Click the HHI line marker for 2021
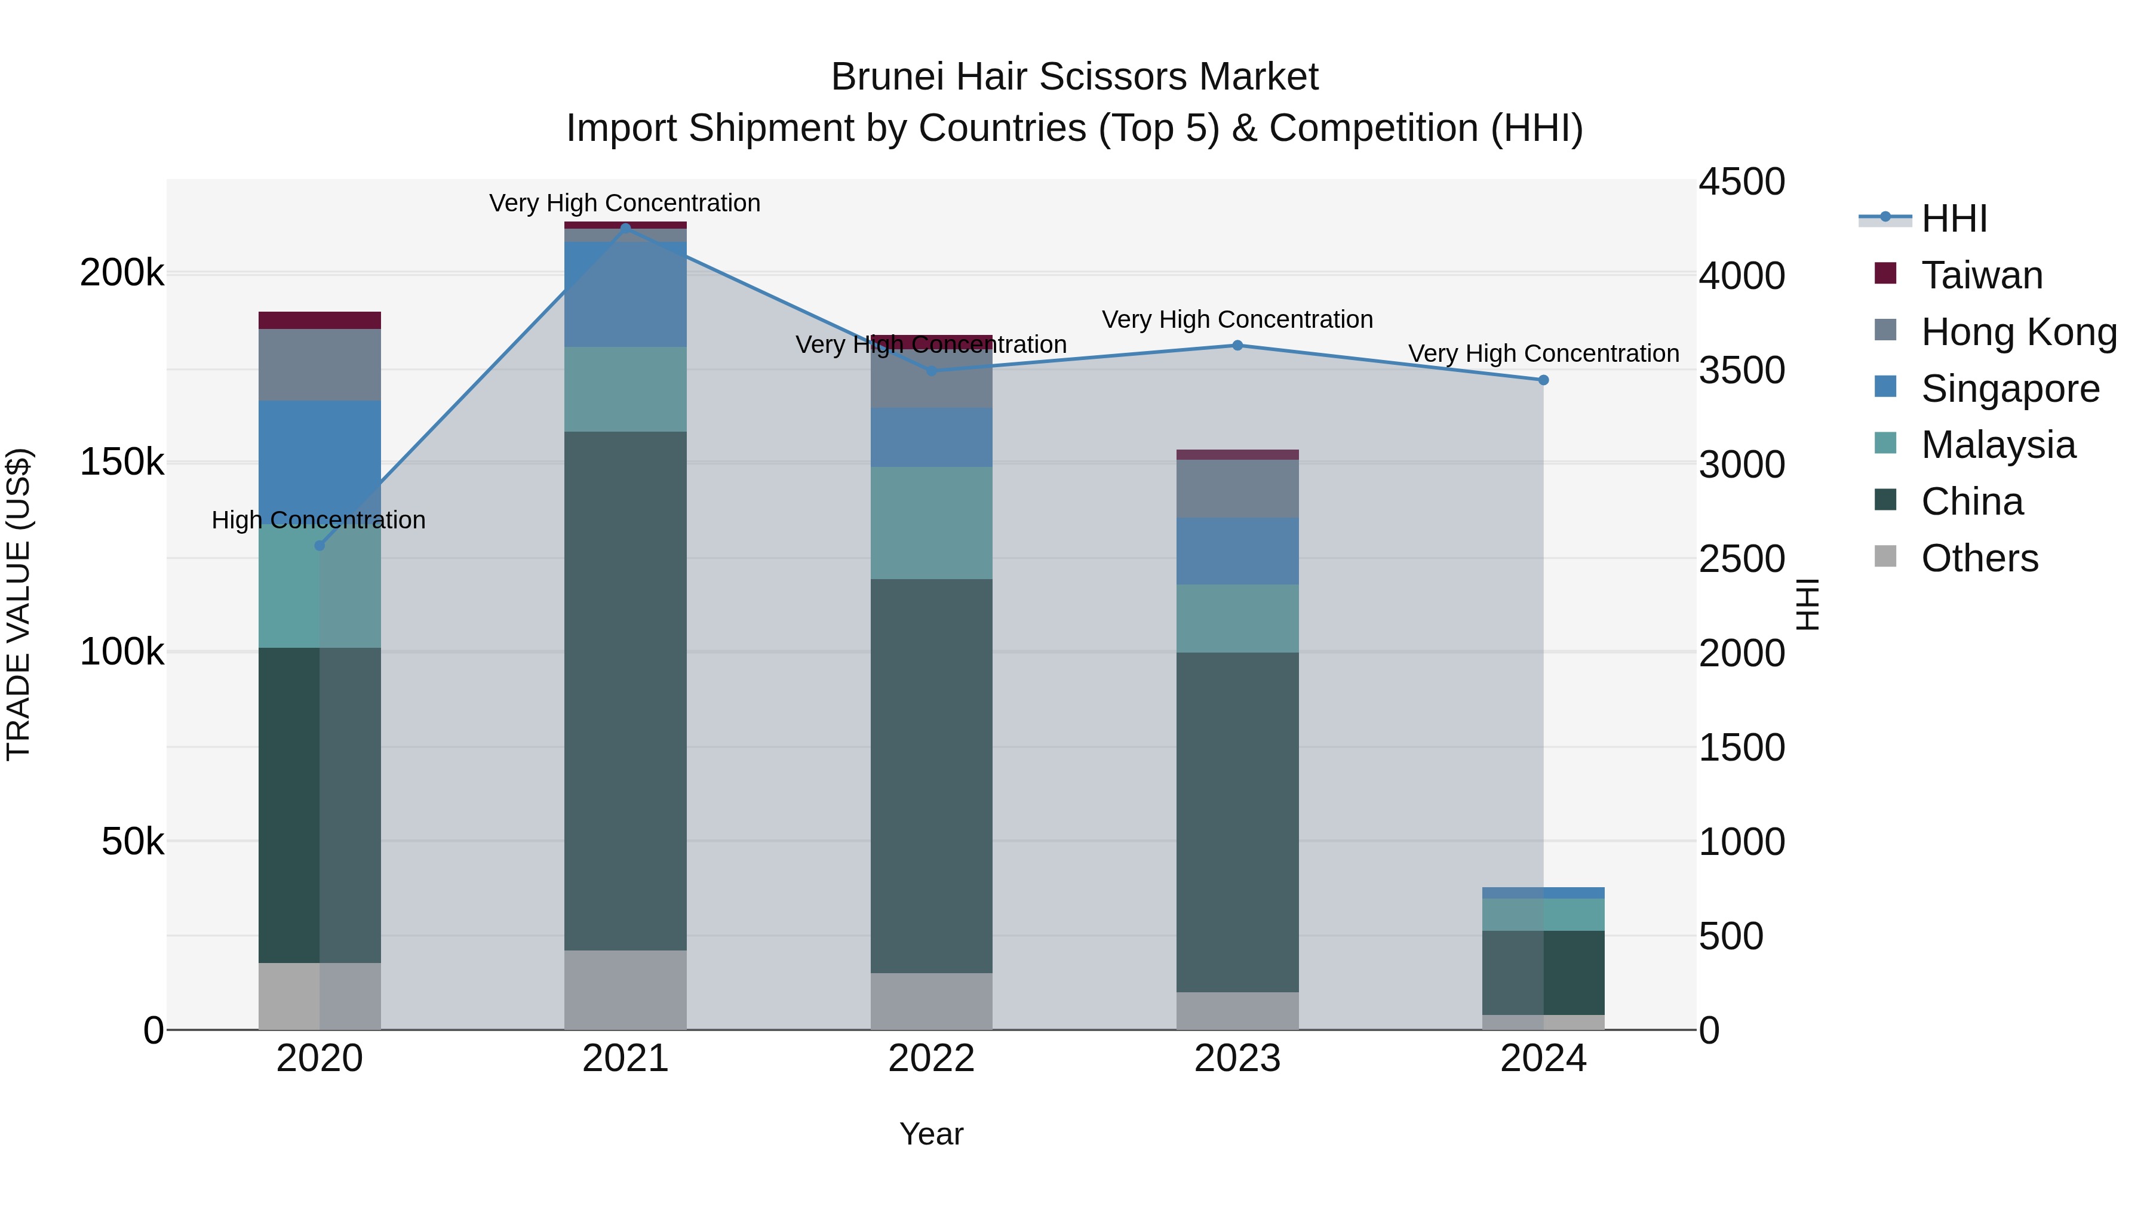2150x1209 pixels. pyautogui.click(x=625, y=228)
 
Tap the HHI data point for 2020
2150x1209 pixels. pyautogui.click(x=319, y=546)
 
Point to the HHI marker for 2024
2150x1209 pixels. pyautogui.click(x=1543, y=380)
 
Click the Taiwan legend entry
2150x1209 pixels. pyautogui.click(x=1982, y=275)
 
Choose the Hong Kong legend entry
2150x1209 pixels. pyautogui.click(x=2018, y=332)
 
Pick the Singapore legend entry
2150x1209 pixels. pyautogui.click(x=2010, y=389)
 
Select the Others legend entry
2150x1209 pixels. pyautogui.click(x=1979, y=558)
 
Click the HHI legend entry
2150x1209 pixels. pyautogui.click(x=1953, y=219)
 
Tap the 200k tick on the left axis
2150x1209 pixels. pyautogui.click(x=122, y=273)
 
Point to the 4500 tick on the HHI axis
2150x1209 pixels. pyautogui.click(x=1742, y=182)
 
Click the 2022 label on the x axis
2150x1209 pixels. pyautogui.click(x=932, y=1059)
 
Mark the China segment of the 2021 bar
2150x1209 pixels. pyautogui.click(x=625, y=691)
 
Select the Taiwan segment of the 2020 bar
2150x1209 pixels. pyautogui.click(x=320, y=321)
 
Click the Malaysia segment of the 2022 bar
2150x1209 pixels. pyautogui.click(x=932, y=523)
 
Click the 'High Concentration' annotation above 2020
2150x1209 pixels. pyautogui.click(x=319, y=521)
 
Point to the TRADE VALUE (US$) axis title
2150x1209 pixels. pyautogui.click(x=19, y=604)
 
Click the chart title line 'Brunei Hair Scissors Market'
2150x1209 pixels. pyautogui.click(x=1074, y=78)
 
